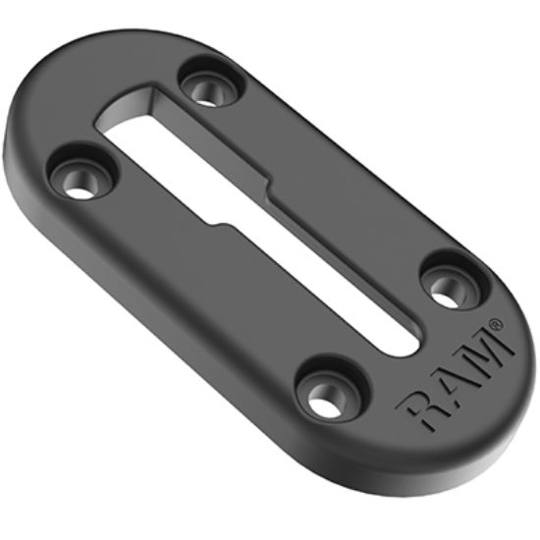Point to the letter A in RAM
pos(453,378)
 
